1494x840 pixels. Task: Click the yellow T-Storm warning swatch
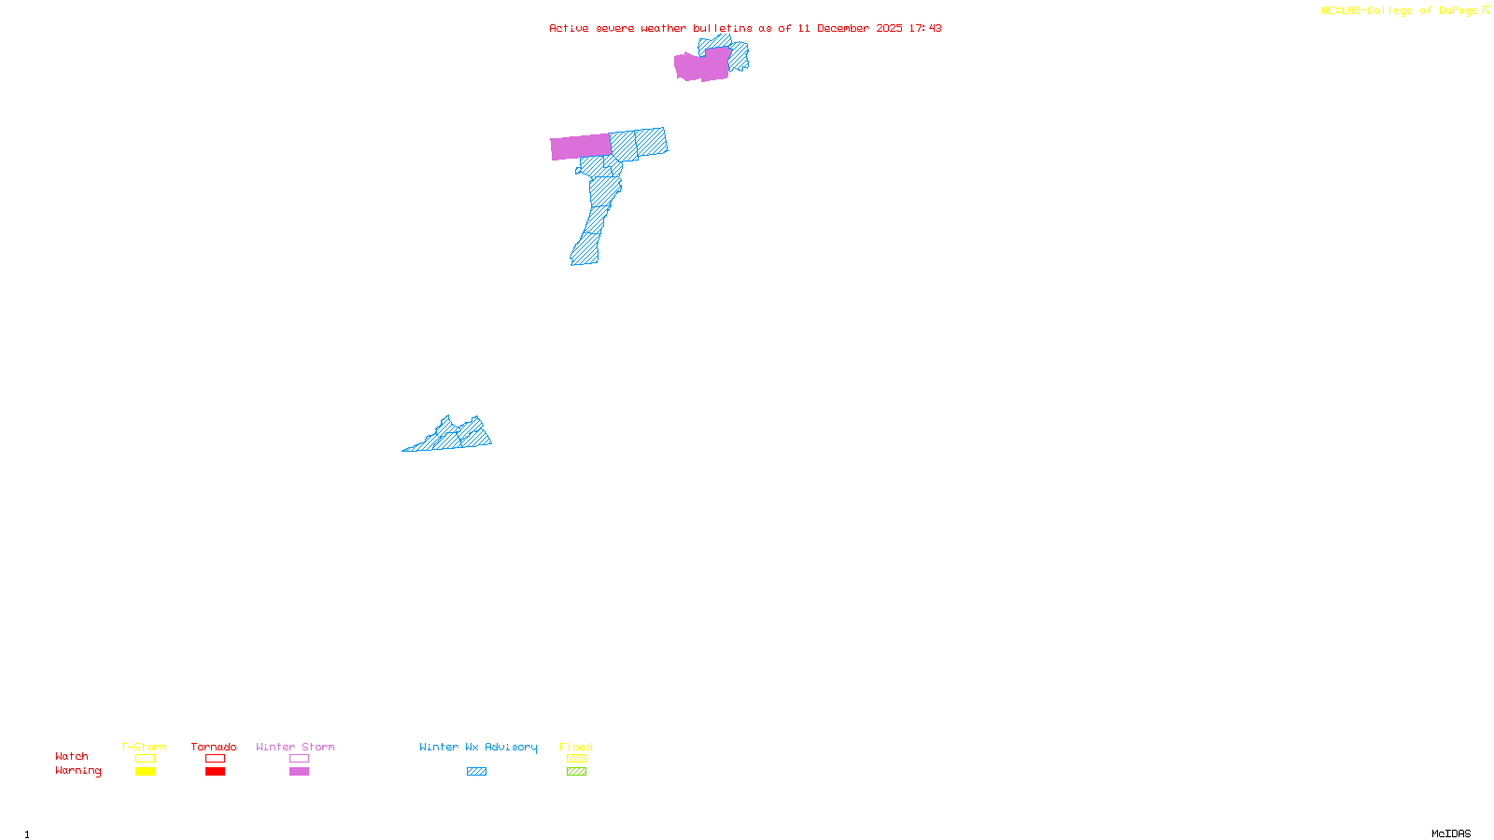pos(145,772)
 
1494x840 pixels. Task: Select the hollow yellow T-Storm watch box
pos(145,759)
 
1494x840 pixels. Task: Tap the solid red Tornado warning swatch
pos(215,772)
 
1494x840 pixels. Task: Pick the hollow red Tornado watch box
pos(215,759)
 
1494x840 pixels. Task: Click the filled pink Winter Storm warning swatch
pos(299,772)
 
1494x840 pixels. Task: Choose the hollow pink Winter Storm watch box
pos(299,759)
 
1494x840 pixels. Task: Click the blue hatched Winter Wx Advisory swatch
pos(476,772)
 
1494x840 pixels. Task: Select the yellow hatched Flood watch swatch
pos(576,759)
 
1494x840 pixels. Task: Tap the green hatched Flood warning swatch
pos(576,772)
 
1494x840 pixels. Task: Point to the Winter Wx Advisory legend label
pos(478,747)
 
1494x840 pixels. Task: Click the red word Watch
pos(72,756)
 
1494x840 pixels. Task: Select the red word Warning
pos(78,771)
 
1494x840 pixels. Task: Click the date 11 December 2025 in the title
pos(850,28)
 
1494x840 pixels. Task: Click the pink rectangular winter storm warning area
pos(580,147)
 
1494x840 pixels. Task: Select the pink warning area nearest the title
pos(701,66)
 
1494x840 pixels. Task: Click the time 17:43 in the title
pos(925,28)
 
